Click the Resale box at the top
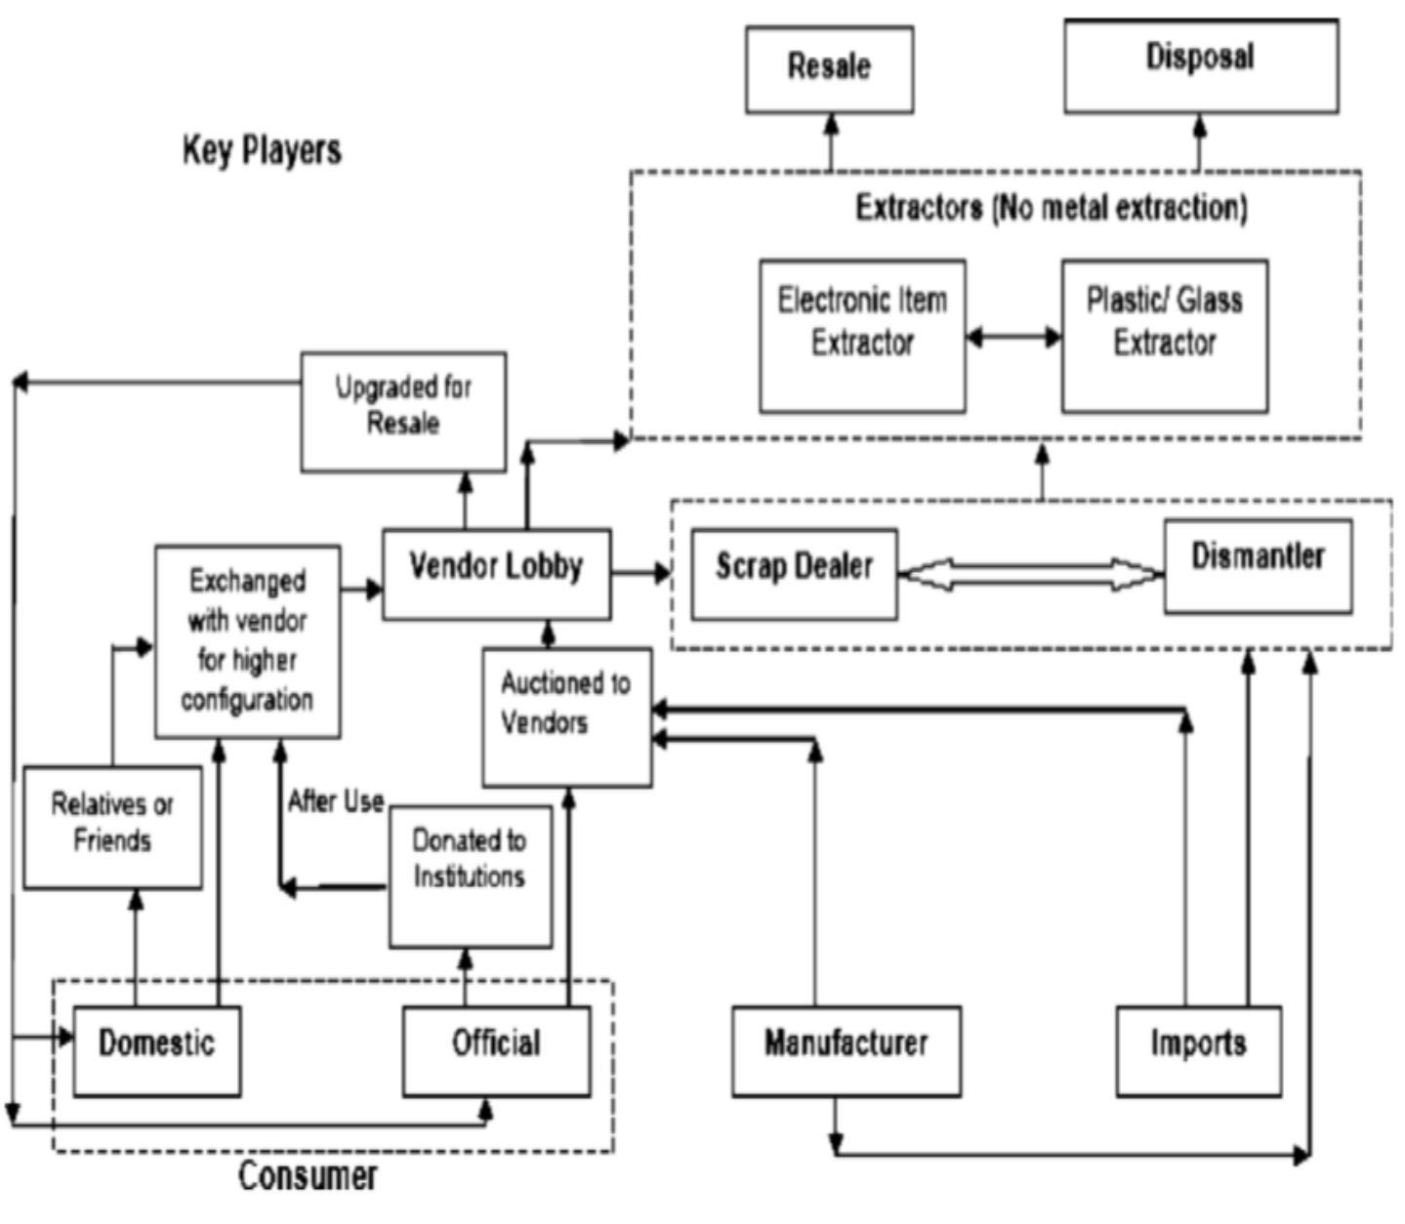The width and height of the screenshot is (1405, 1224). point(829,69)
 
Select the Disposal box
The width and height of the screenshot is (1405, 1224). point(1200,66)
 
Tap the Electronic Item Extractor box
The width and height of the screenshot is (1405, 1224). point(862,335)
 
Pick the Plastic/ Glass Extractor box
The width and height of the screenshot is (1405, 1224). point(1165,335)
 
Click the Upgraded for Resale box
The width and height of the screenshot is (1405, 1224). point(403,411)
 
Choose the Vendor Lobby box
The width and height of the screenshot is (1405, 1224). point(496,574)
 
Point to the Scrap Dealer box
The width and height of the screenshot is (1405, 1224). point(794,574)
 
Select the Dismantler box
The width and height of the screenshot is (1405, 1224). point(1258,565)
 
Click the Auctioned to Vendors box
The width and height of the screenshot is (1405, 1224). point(566,715)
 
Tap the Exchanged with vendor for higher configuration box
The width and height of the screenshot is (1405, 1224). point(248,640)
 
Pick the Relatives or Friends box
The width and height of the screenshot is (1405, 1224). point(112,826)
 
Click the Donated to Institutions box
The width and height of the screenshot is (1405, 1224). point(470,875)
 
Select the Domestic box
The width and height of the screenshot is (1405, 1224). point(156,1050)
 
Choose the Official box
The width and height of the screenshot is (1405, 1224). point(496,1050)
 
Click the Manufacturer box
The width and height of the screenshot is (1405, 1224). point(847,1050)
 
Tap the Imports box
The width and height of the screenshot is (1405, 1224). point(1198,1050)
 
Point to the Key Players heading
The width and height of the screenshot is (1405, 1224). point(262,150)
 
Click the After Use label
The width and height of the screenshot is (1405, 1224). point(335,801)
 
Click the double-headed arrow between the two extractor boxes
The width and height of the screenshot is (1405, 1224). point(1013,338)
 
